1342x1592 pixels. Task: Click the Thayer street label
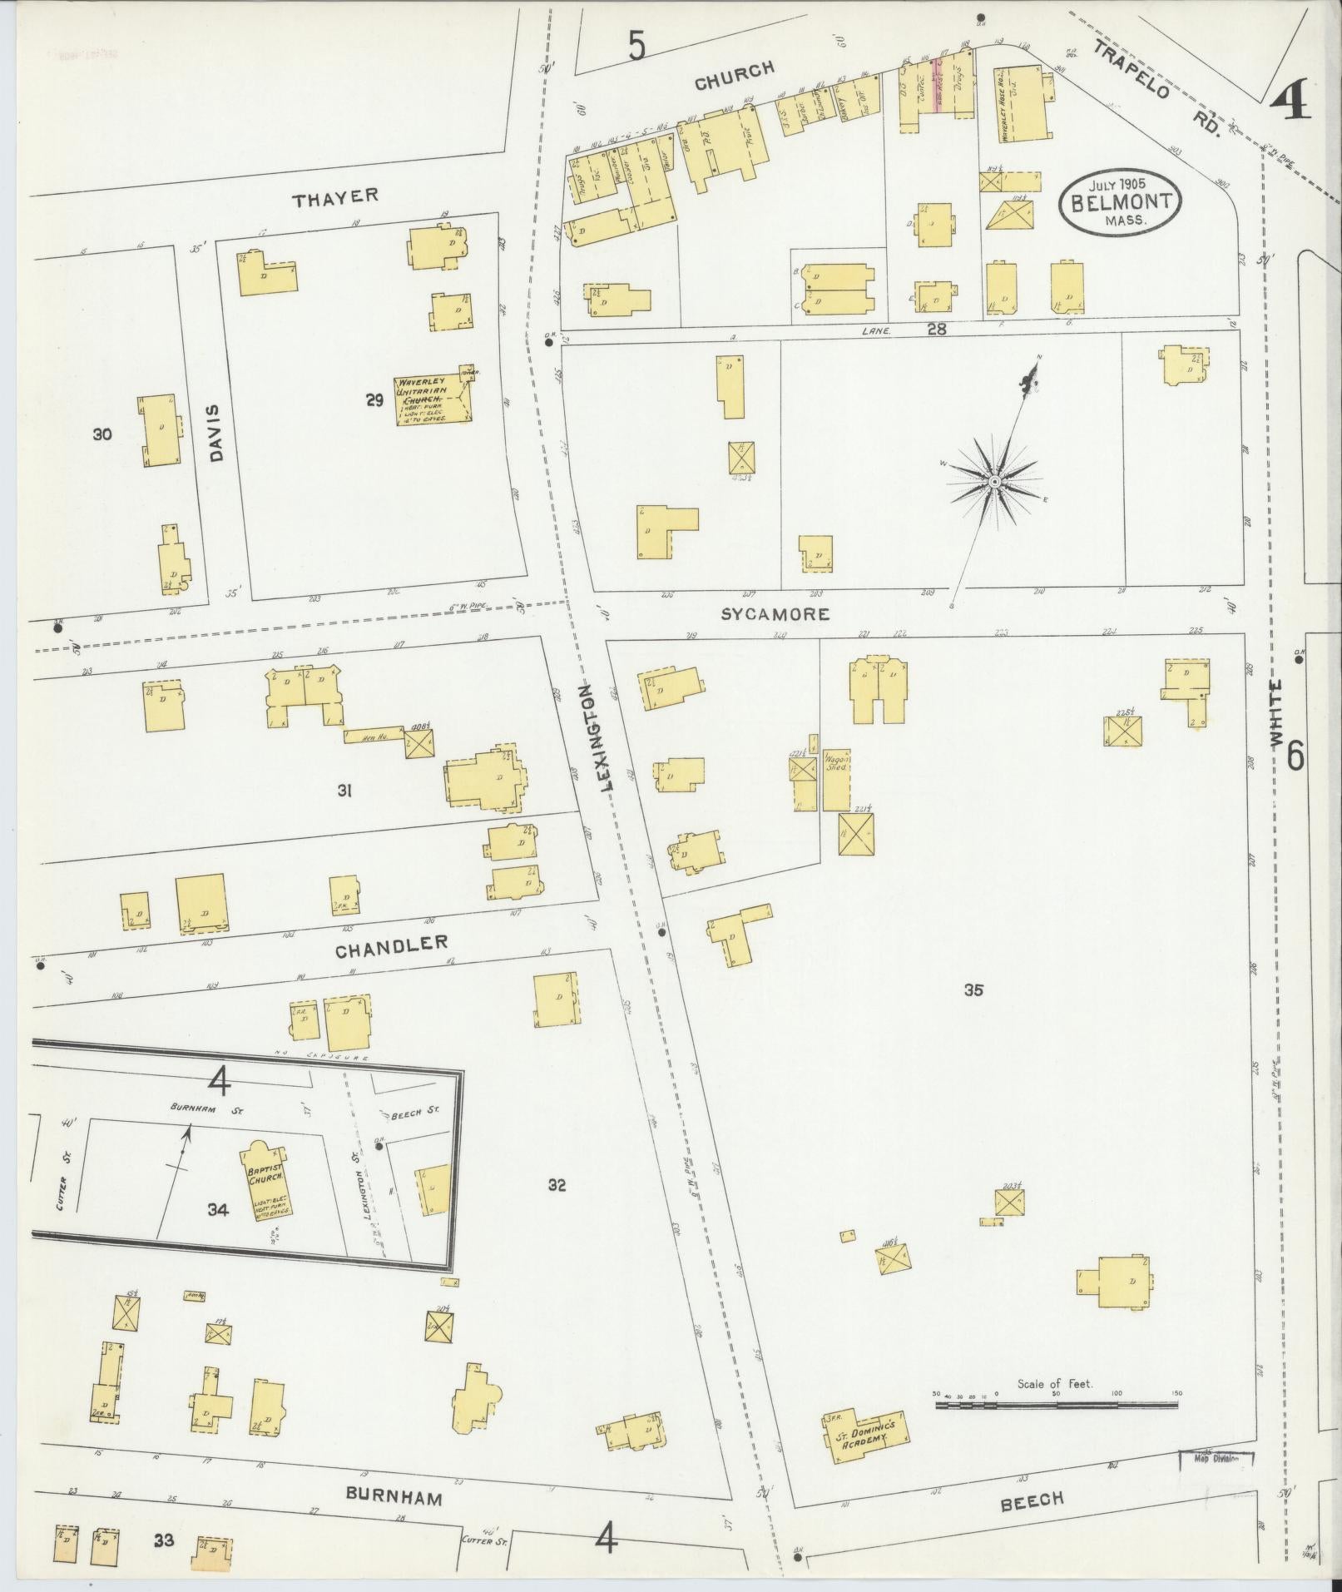pos(335,196)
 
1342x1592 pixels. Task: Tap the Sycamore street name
pos(775,614)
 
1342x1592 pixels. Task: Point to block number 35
pos(973,990)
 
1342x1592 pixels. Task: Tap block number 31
pos(344,791)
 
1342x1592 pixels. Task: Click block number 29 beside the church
pos(374,401)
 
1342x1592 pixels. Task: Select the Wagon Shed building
pos(836,779)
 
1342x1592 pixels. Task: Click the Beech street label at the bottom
pos(1032,1499)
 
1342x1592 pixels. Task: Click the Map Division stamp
pos(1216,1457)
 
